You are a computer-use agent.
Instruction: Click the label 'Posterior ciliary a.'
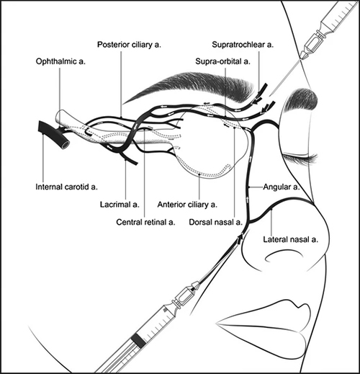point(129,45)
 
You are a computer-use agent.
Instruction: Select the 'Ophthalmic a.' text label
point(60,61)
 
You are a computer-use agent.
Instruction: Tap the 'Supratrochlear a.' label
point(243,45)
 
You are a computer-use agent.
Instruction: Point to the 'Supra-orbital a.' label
point(222,61)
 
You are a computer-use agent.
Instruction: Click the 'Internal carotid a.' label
point(66,187)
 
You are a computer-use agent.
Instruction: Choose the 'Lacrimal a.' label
point(120,205)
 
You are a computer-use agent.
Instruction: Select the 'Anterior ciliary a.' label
point(187,205)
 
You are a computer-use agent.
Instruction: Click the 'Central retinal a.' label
point(145,222)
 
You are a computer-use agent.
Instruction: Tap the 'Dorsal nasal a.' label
point(215,222)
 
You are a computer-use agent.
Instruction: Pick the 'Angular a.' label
point(282,187)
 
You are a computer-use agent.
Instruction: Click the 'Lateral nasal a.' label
point(290,239)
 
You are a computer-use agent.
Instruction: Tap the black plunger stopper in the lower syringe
point(138,341)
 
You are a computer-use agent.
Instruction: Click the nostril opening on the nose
point(282,256)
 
